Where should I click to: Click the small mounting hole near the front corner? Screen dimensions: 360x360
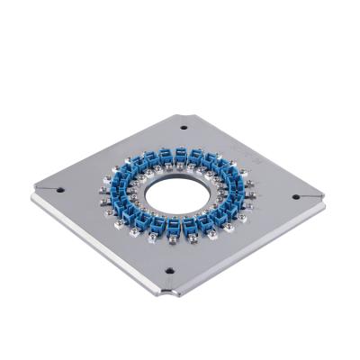[x=168, y=271]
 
